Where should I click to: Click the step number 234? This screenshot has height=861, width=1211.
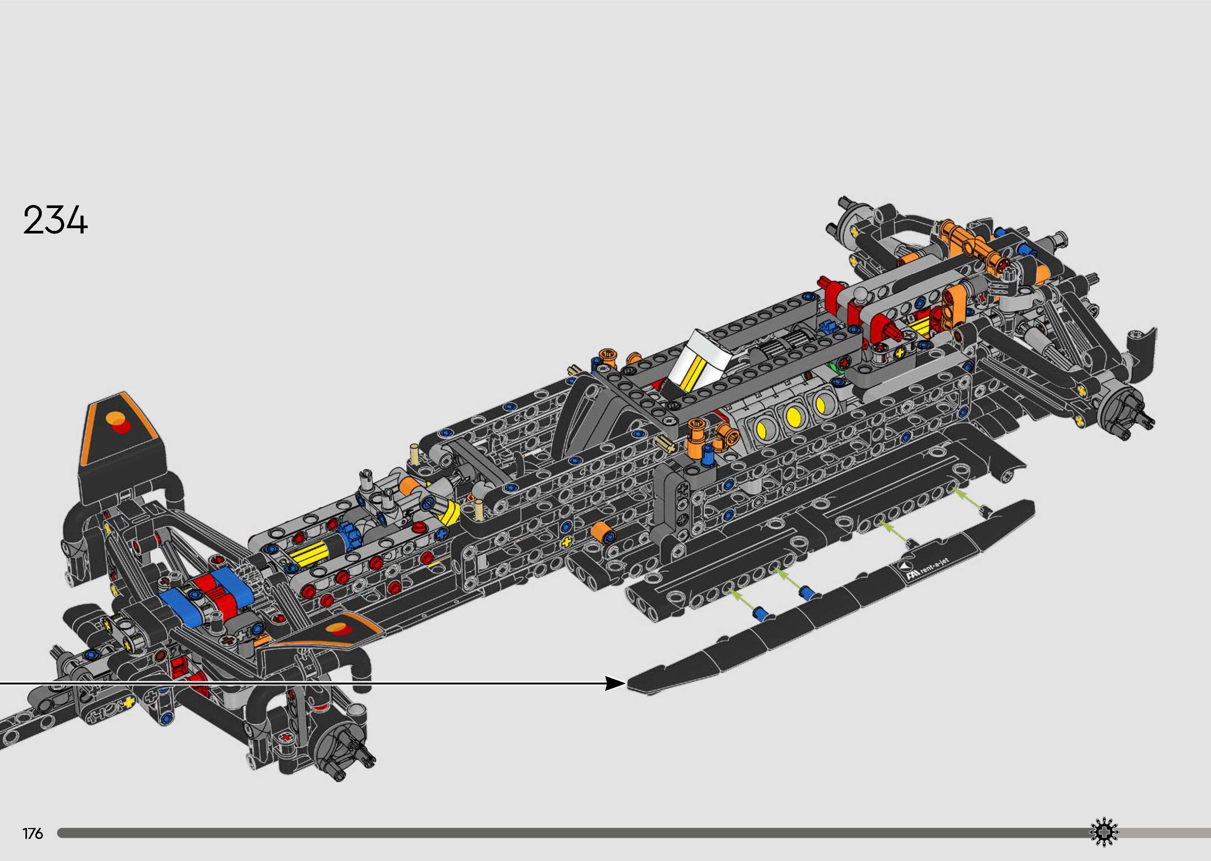point(55,221)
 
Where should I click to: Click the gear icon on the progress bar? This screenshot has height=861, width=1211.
point(1104,833)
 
